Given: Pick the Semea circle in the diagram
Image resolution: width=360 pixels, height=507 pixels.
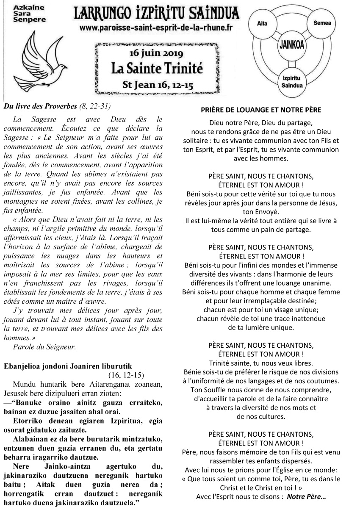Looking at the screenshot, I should pyautogui.click(x=322, y=23).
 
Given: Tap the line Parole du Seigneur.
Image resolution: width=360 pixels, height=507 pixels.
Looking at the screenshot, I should pyautogui.click(x=44, y=346).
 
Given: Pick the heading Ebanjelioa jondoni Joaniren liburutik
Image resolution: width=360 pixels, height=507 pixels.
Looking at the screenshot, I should pyautogui.click(x=62, y=366).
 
